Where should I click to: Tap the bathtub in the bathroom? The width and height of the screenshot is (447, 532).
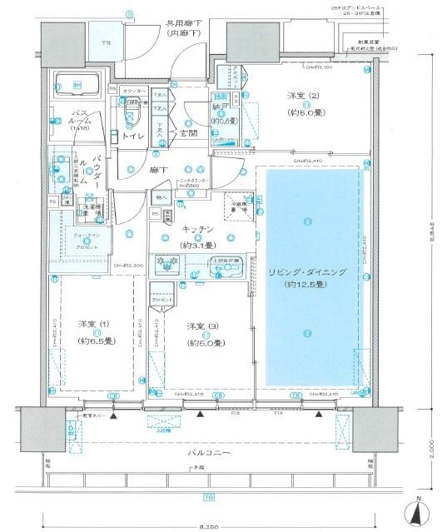(x=77, y=87)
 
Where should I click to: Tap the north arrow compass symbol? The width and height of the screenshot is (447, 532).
(x=420, y=512)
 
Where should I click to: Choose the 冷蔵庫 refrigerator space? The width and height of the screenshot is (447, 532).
(x=237, y=206)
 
